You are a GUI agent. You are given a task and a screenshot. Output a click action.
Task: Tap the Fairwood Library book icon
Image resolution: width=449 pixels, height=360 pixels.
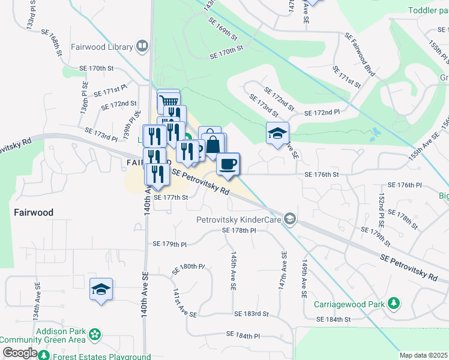click(142, 46)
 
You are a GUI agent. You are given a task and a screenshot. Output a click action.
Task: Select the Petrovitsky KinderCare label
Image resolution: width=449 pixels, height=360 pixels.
click(239, 220)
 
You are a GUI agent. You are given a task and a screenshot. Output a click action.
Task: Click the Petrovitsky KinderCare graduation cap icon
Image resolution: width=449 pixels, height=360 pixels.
click(291, 218)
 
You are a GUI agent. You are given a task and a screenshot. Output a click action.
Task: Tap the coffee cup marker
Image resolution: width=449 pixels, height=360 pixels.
click(228, 164)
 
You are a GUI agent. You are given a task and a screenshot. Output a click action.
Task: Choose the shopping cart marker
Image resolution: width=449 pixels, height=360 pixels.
click(169, 100)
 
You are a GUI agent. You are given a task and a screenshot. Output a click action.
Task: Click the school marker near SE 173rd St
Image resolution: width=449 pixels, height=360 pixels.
click(278, 133)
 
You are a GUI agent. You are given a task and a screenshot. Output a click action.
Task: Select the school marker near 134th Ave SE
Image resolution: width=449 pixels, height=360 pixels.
click(101, 289)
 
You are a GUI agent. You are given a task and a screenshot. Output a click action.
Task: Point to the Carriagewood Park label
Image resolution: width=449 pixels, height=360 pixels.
click(349, 304)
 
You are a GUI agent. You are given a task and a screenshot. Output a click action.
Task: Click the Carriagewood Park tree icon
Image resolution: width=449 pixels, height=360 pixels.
click(394, 303)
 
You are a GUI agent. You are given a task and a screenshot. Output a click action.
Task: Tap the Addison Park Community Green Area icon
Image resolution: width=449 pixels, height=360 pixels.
click(94, 334)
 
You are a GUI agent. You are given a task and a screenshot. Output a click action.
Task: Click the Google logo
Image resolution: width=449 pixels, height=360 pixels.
click(20, 353)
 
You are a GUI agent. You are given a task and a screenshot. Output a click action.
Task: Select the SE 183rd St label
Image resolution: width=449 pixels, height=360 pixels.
click(247, 314)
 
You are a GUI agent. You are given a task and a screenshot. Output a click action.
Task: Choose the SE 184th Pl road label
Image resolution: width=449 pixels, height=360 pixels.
click(243, 335)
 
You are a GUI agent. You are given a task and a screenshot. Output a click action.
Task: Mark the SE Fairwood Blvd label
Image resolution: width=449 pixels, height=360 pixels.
click(360, 55)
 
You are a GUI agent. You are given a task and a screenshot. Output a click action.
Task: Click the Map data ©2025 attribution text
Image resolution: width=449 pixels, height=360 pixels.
click(423, 355)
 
